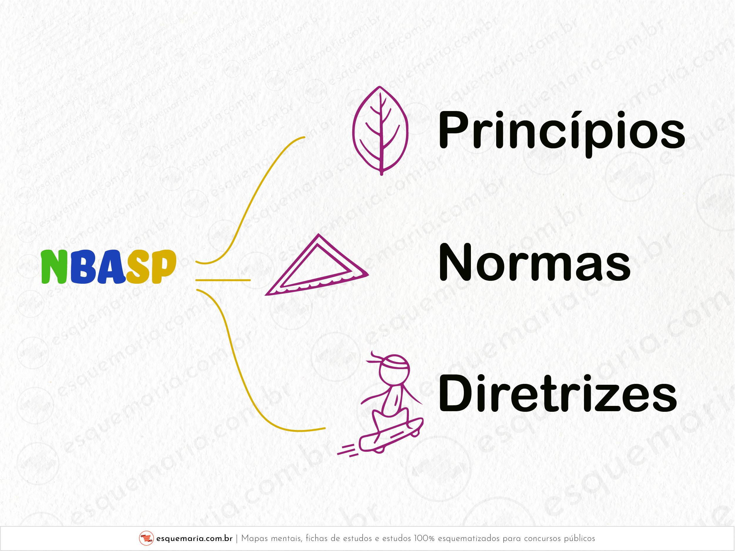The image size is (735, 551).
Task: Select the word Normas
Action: [535, 261]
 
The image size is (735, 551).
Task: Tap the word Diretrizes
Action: [558, 393]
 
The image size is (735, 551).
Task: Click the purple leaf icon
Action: [380, 130]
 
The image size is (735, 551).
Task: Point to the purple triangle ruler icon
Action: [317, 266]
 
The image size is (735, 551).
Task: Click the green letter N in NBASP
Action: [55, 267]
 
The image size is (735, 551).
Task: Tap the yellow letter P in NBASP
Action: [164, 267]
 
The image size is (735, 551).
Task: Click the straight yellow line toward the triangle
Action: [223, 280]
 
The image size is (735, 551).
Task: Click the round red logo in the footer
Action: [146, 538]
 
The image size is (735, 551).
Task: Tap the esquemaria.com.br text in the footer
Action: [194, 538]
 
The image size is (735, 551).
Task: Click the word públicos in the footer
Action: [579, 538]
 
